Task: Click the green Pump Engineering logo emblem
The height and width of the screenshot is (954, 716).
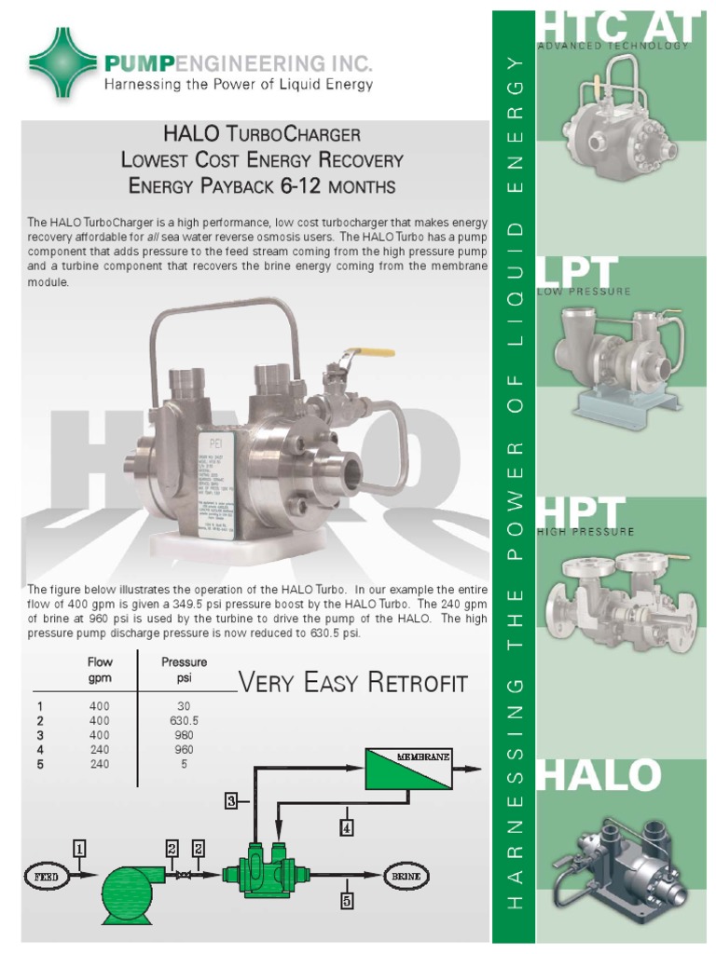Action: coord(63,61)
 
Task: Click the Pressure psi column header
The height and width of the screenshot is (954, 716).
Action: coord(184,669)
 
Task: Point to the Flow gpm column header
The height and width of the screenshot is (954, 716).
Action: coord(100,669)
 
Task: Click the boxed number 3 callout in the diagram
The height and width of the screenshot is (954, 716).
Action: coord(231,799)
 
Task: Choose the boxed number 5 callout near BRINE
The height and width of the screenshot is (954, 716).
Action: coord(346,901)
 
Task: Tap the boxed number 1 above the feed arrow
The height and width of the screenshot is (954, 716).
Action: coord(80,848)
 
